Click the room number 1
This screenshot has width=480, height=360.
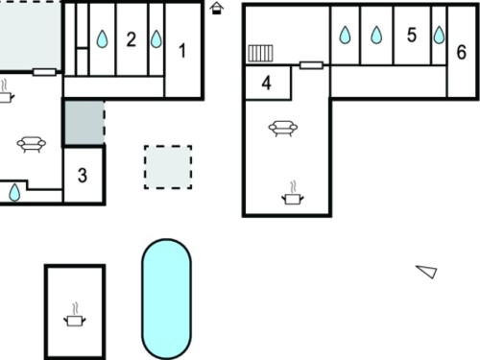(x=182, y=51)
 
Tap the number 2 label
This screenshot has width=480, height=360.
(x=132, y=39)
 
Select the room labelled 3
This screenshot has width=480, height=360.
(x=83, y=176)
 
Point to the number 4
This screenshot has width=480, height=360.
(x=267, y=84)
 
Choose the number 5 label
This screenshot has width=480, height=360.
(x=412, y=35)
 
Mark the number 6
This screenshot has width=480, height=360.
(x=461, y=52)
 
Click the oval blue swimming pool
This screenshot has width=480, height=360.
(x=166, y=299)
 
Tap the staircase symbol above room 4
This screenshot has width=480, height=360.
(x=260, y=54)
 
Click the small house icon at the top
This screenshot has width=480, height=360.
(x=217, y=8)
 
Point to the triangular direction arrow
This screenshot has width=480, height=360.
(x=427, y=272)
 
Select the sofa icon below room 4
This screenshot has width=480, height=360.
(x=283, y=129)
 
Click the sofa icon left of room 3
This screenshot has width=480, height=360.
(x=32, y=144)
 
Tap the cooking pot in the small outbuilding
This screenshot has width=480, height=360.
(x=75, y=315)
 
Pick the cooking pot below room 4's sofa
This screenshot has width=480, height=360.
(x=293, y=193)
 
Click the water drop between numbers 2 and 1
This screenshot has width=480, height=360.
(x=156, y=39)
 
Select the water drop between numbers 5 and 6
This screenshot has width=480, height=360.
(x=439, y=35)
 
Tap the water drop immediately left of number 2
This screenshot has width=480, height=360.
(x=102, y=39)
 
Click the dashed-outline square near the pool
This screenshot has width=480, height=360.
(x=168, y=167)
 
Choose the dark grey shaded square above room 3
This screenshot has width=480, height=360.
(x=84, y=123)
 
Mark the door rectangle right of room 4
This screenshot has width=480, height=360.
(x=311, y=65)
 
